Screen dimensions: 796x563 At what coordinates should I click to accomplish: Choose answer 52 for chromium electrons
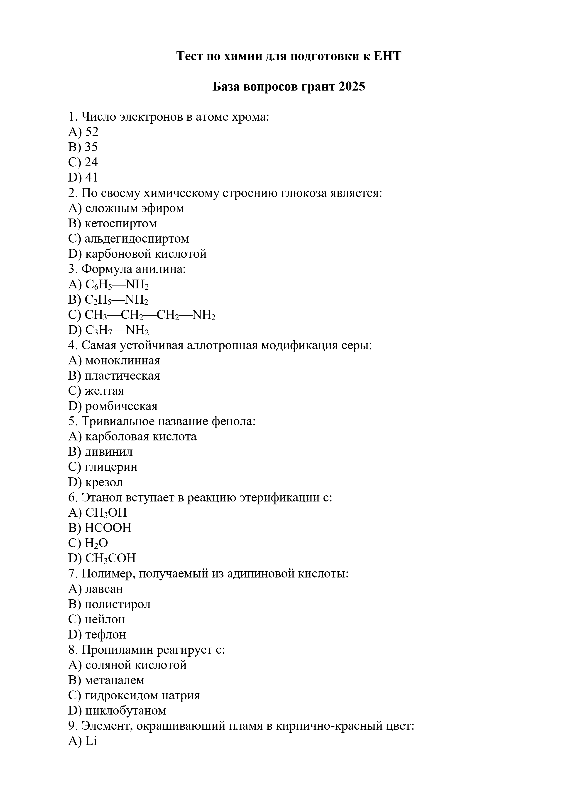pyautogui.click(x=91, y=132)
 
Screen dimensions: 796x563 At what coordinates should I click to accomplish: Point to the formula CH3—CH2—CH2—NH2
pyautogui.click(x=150, y=315)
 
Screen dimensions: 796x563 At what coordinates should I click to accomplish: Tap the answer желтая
pyautogui.click(x=104, y=391)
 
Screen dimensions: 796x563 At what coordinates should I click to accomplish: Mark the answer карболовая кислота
pyautogui.click(x=140, y=437)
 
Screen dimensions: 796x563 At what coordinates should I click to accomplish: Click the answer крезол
pyautogui.click(x=104, y=482)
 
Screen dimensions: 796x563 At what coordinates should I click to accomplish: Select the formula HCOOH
pyautogui.click(x=108, y=528)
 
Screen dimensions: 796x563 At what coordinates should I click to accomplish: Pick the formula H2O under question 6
pyautogui.click(x=96, y=543)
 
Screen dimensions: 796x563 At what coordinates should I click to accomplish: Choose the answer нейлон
pyautogui.click(x=105, y=619)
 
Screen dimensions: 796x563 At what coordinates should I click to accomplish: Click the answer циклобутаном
pyautogui.click(x=125, y=711)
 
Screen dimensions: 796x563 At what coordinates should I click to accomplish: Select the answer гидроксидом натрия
pyautogui.click(x=142, y=695)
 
